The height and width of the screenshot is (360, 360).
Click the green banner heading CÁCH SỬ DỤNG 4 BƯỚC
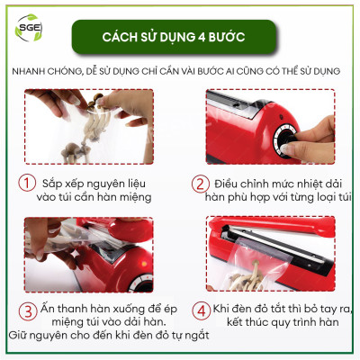click(180, 38)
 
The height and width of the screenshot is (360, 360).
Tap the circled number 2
click(200, 185)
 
